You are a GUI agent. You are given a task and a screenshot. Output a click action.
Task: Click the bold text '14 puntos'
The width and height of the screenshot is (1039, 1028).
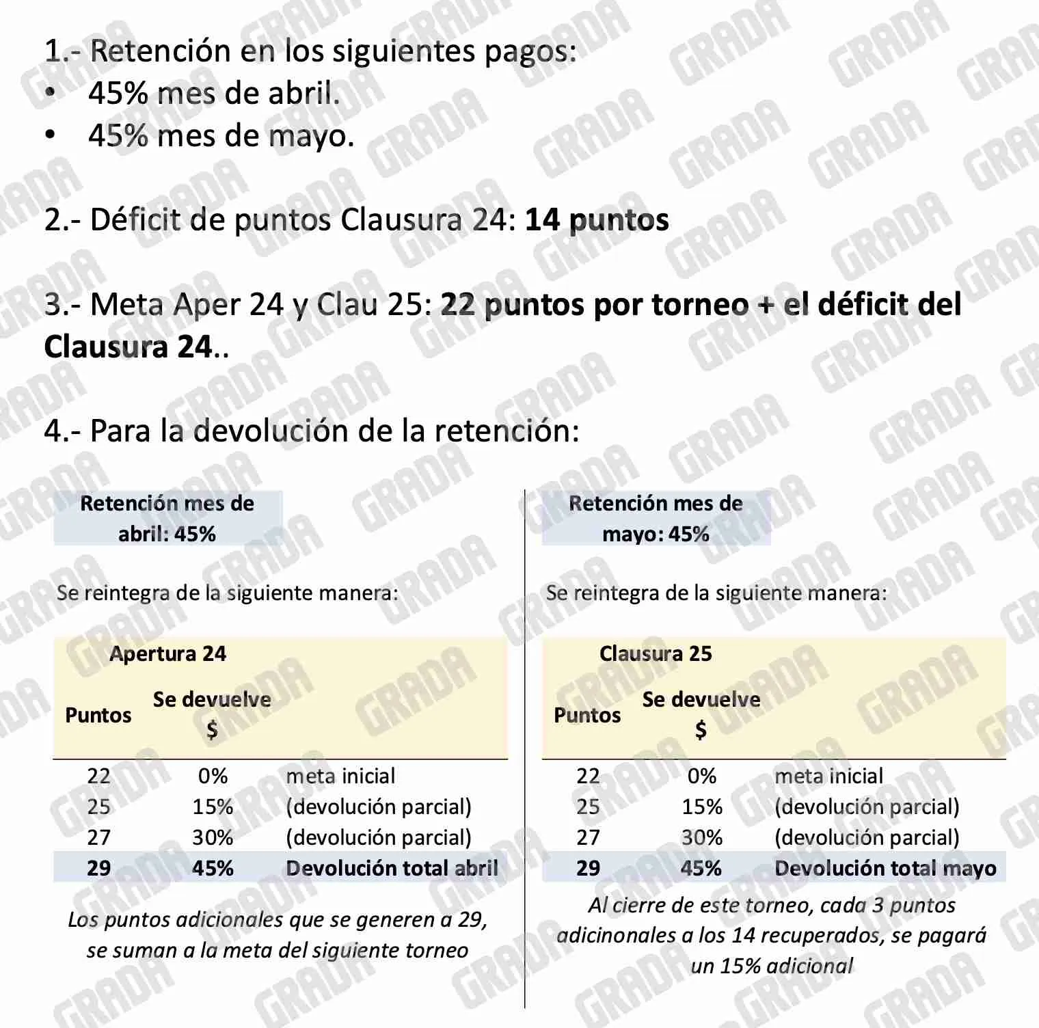(597, 220)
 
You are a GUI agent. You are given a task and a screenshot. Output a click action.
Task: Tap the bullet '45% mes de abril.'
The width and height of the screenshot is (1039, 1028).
(213, 94)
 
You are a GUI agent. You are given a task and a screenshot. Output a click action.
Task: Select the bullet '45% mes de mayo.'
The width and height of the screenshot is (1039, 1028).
(221, 136)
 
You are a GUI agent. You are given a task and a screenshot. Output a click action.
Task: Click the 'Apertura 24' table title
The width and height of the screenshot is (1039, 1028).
(167, 654)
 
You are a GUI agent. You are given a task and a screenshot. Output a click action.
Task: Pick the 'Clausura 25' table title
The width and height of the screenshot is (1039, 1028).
(656, 654)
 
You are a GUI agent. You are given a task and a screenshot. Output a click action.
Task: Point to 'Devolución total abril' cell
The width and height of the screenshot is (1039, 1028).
(392, 868)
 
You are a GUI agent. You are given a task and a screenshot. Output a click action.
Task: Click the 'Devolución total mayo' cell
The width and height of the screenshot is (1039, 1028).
(885, 868)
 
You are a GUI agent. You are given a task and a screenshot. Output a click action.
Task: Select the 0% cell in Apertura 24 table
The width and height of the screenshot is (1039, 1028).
(213, 776)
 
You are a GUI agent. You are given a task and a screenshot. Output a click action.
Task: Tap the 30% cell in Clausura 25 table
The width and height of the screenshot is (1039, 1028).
(702, 837)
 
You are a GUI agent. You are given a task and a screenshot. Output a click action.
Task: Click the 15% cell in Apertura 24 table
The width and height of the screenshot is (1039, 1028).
(213, 807)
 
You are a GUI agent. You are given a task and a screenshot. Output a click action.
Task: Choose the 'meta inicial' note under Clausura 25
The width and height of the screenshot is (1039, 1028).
(828, 776)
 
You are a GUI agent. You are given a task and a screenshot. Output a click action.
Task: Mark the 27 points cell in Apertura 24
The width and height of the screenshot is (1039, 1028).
(98, 837)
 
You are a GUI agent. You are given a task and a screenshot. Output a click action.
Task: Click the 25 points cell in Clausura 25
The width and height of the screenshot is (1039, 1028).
(588, 807)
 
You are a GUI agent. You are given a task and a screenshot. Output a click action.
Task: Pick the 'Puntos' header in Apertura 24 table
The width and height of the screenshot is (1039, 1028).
(98, 716)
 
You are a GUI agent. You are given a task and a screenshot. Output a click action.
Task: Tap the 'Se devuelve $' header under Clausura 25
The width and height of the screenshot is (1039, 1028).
(701, 714)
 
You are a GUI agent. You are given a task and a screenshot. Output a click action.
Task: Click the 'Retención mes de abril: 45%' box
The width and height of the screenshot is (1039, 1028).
(167, 518)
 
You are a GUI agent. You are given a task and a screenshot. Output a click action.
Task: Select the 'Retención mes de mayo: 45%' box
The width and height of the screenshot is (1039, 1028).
(656, 518)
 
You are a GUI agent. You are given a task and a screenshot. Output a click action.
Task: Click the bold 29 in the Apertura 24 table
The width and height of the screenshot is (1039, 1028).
(98, 868)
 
